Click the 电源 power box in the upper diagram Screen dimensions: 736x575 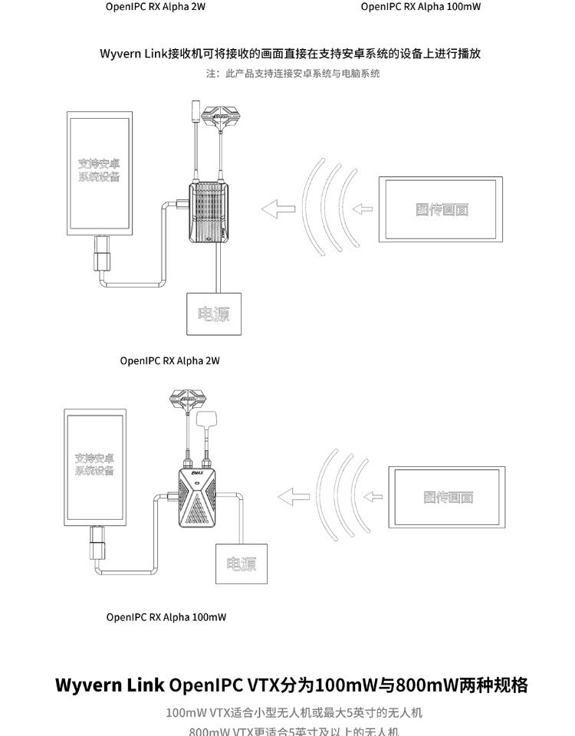coord(214,314)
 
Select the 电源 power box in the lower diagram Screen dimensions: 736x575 coord(242,565)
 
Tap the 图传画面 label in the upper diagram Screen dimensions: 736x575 coord(442,209)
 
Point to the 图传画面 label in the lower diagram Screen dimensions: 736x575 coord(449,497)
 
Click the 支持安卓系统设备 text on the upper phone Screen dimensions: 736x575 coord(99,171)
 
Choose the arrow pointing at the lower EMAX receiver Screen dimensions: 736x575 coord(292,495)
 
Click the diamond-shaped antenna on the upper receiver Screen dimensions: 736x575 coord(220,117)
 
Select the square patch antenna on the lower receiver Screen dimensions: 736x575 coord(208,421)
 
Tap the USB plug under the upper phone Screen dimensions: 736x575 coord(100,255)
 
